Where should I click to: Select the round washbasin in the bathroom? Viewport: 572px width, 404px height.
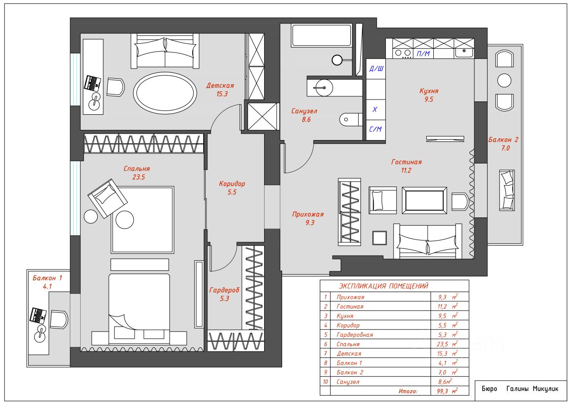tap(323, 88)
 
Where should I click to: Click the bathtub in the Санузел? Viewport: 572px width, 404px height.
tap(322, 35)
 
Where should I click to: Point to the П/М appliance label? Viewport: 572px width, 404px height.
tap(423, 53)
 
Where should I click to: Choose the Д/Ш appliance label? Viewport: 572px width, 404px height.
tap(377, 68)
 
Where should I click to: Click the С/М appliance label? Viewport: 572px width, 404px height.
tap(375, 129)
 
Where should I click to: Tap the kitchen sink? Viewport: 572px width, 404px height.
tap(464, 53)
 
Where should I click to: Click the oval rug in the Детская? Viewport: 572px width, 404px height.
tap(165, 93)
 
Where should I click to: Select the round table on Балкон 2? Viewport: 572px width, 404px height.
tap(504, 81)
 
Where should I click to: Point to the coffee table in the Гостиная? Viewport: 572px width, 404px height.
tap(425, 200)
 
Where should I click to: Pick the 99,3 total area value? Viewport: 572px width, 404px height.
tap(442, 391)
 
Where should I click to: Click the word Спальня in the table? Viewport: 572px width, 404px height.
tap(348, 344)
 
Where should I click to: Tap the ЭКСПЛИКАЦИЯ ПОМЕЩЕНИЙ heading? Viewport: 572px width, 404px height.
tap(383, 286)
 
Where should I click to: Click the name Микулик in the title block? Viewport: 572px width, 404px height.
tap(545, 389)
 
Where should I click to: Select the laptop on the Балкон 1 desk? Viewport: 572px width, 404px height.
tap(38, 316)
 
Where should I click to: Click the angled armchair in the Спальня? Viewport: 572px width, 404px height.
tap(107, 199)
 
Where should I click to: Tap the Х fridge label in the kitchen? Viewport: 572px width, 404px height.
tap(375, 109)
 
